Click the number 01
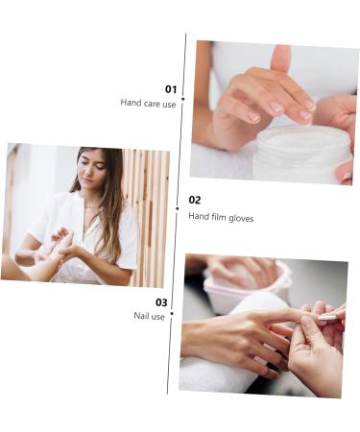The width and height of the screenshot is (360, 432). pyautogui.click(x=170, y=89)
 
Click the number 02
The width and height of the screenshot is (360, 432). pyautogui.click(x=195, y=201)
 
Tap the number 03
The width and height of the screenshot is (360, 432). pyautogui.click(x=161, y=302)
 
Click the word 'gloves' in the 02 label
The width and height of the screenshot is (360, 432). pyautogui.click(x=240, y=217)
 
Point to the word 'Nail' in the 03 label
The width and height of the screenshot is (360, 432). pyautogui.click(x=142, y=316)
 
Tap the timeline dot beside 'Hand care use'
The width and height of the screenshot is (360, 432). pyautogui.click(x=182, y=99)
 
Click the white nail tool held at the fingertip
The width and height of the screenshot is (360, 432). pyautogui.click(x=326, y=317)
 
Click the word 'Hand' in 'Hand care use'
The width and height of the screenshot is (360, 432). pyautogui.click(x=130, y=103)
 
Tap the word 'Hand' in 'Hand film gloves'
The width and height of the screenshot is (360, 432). pyautogui.click(x=198, y=217)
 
